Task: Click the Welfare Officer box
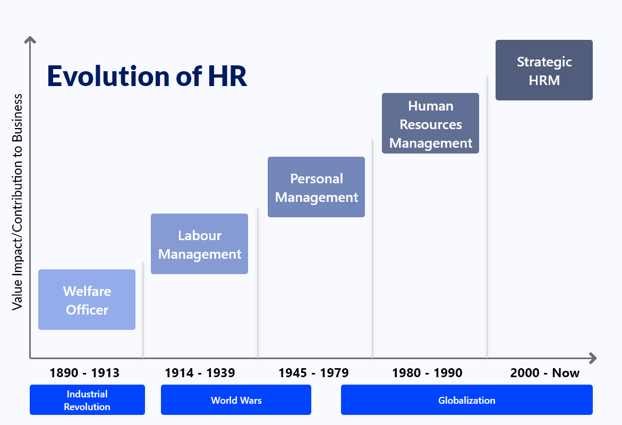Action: tap(87, 300)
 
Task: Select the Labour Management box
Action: tap(199, 244)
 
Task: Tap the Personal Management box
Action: tap(316, 187)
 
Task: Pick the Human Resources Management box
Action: tap(430, 123)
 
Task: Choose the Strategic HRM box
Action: tap(544, 70)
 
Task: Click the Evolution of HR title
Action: tap(147, 76)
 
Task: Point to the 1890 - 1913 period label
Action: tap(84, 373)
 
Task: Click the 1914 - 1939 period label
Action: tap(200, 373)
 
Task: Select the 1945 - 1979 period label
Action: tap(313, 373)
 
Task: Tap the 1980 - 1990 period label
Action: tap(427, 373)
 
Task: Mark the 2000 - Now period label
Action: tap(545, 373)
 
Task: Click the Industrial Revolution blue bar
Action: tap(87, 400)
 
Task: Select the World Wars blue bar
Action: tap(236, 400)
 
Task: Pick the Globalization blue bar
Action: tap(466, 400)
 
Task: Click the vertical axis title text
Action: tap(18, 202)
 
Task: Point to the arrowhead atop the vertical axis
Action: tap(31, 40)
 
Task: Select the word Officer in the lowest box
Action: tap(87, 310)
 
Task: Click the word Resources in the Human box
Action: tap(431, 124)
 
